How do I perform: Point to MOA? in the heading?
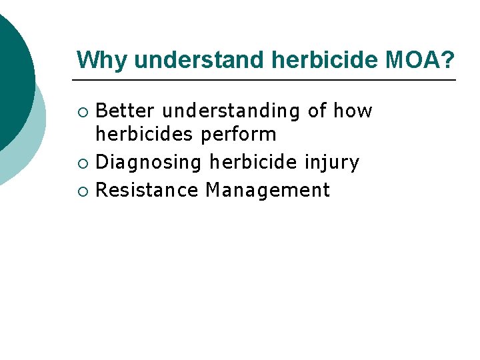tap(420, 60)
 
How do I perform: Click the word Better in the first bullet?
tap(126, 111)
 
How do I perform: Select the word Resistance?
tap(147, 190)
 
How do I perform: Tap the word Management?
tap(267, 190)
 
